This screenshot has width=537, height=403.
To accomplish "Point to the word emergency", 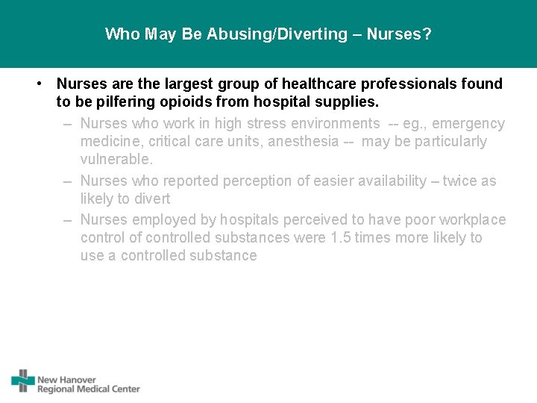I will [469, 123].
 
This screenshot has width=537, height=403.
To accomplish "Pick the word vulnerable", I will [116, 160].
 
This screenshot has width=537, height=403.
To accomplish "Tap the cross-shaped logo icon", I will [23, 380].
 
